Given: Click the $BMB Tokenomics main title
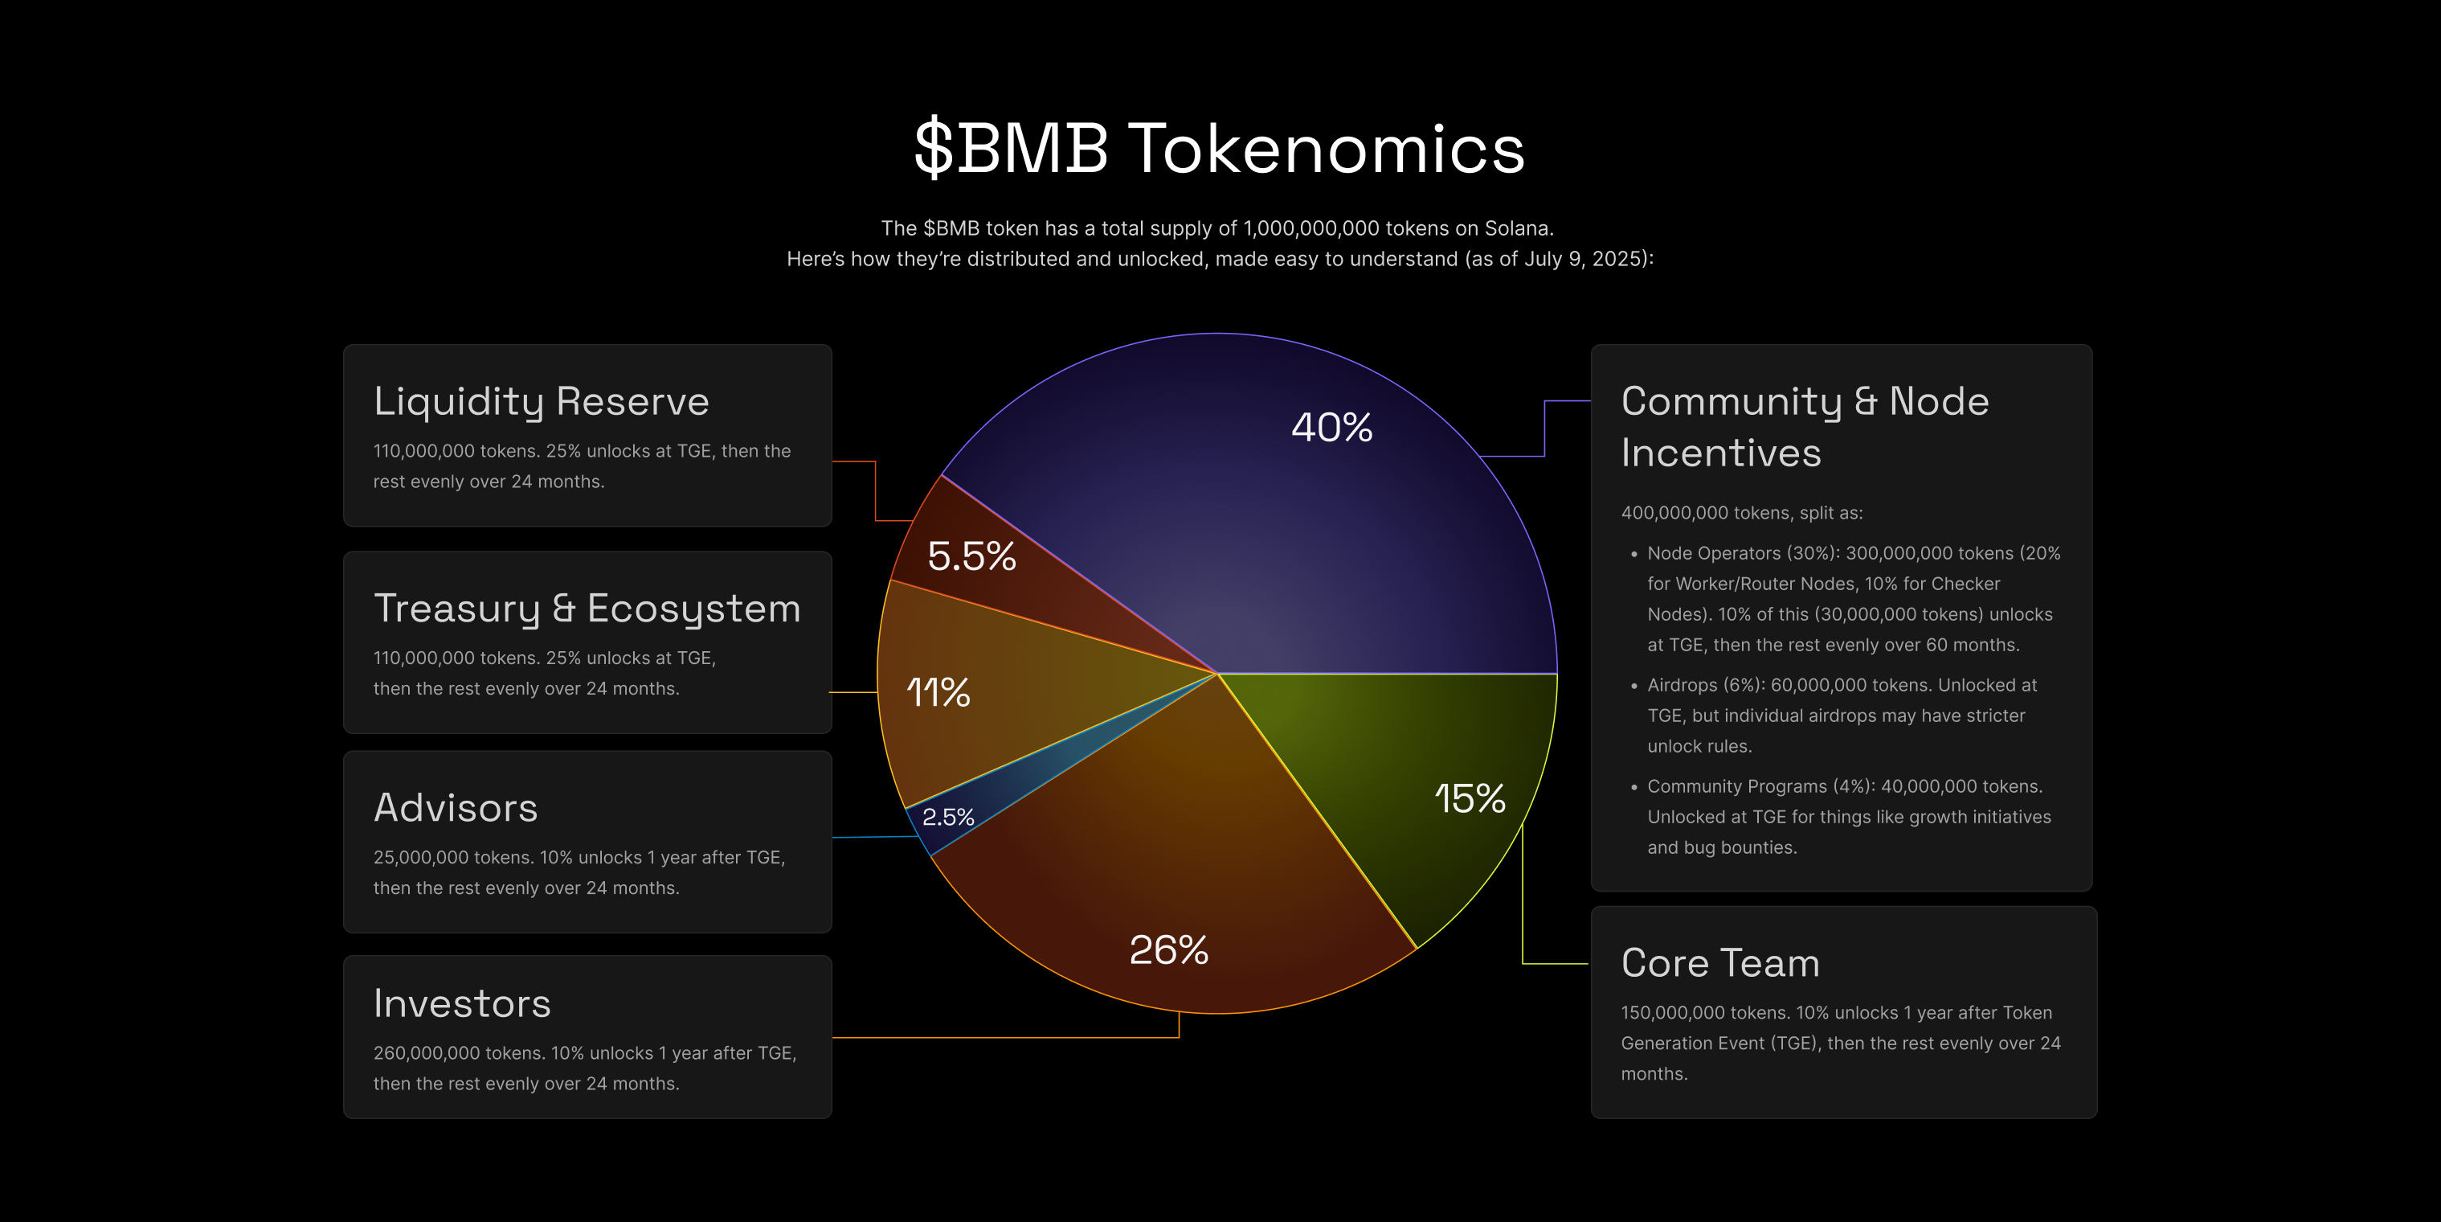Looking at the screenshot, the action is click(x=1220, y=149).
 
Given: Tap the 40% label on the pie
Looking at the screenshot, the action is click(x=1331, y=428).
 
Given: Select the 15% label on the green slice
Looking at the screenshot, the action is click(x=1470, y=798).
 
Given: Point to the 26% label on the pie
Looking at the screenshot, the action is click(x=1168, y=950).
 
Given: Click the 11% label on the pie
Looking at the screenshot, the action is click(x=938, y=692).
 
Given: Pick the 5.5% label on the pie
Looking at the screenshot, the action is click(x=971, y=556).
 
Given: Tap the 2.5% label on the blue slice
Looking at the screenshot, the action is click(x=947, y=817).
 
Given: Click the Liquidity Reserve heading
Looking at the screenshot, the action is click(x=541, y=402).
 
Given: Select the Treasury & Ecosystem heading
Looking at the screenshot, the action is click(x=587, y=609).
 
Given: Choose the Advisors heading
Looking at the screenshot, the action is click(x=455, y=808).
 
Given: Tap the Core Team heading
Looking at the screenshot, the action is click(x=1720, y=963).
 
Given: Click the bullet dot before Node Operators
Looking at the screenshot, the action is click(x=1633, y=554).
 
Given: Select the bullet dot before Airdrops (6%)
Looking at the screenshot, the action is click(x=1633, y=686).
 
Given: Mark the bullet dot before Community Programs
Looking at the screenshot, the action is click(x=1633, y=787).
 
